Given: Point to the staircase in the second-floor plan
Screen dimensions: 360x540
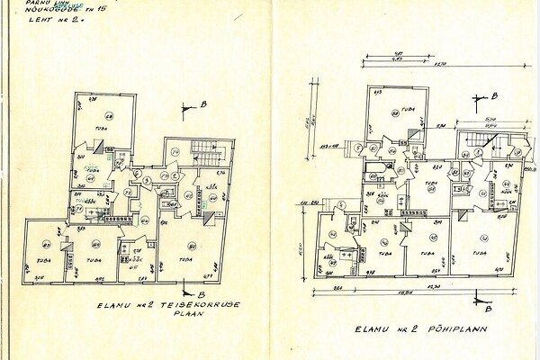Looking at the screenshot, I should coord(207,158).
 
